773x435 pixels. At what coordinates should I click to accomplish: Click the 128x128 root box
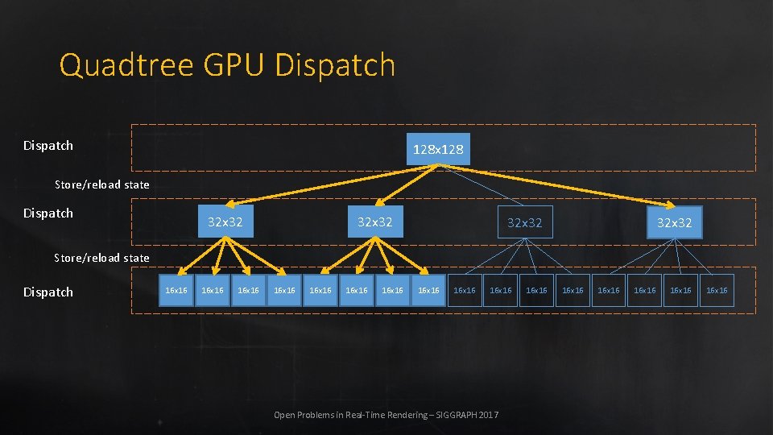437,149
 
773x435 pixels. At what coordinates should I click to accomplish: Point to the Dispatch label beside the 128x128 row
48,146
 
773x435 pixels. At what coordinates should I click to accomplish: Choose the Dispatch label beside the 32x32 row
48,213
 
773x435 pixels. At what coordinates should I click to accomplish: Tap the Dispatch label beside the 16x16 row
48,292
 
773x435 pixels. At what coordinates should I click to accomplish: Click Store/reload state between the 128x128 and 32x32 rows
101,184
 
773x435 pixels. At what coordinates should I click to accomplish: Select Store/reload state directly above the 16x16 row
101,258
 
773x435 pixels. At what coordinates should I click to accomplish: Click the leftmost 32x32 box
225,222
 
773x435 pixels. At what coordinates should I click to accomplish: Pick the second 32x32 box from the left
375,222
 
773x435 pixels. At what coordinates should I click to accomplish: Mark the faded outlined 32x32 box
525,222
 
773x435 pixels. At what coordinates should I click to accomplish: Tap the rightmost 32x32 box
674,222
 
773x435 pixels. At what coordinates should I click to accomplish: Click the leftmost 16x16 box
176,291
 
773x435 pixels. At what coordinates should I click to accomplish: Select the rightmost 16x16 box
717,291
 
